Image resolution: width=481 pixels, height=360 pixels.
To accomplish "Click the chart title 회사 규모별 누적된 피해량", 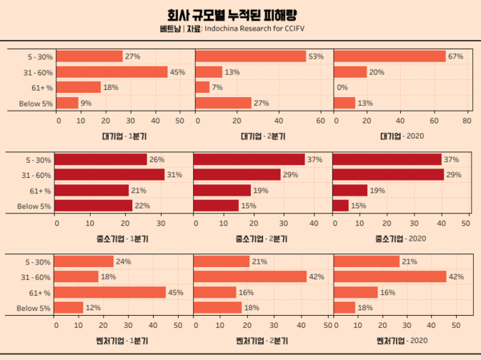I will pos(240,14).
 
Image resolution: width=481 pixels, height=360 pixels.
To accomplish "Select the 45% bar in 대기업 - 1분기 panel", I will pos(113,71).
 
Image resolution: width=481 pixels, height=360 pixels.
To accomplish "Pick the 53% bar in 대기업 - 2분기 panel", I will pos(251,56).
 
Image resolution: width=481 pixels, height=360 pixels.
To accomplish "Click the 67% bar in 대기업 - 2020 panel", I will pos(390,56).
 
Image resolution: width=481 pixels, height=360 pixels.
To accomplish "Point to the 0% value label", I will pos(342,87).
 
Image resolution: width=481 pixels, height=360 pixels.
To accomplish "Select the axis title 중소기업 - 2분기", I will pos(263,239).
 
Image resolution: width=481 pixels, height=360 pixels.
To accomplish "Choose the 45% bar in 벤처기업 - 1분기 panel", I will pos(111,292).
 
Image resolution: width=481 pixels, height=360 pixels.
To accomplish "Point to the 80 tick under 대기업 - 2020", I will pos(467,121).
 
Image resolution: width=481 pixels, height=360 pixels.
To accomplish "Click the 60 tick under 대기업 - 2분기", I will pos(321,121).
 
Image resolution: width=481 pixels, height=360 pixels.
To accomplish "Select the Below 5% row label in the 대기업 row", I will pos(34,103).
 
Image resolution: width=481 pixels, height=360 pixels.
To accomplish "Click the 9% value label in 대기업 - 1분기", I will pos(85,103).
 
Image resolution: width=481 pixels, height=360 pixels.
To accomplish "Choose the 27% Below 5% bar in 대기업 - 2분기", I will pos(224,103).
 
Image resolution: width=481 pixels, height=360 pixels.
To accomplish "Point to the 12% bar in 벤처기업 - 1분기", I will pos(69,307).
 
